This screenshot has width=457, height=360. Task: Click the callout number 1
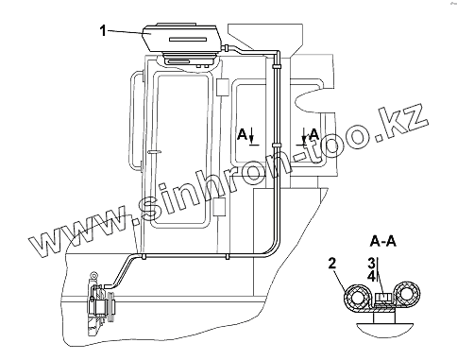coord(103,31)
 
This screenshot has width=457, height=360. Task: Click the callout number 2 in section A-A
coord(332,264)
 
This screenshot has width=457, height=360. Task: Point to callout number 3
coord(372,263)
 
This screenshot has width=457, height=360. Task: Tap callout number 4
coord(372,277)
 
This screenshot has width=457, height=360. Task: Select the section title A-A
coord(382,242)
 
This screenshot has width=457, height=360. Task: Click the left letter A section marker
coord(242,134)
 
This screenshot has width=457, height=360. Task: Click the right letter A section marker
coord(313,134)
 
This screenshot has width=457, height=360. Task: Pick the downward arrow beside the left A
coord(251,136)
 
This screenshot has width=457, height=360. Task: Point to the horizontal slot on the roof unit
coord(188,40)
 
